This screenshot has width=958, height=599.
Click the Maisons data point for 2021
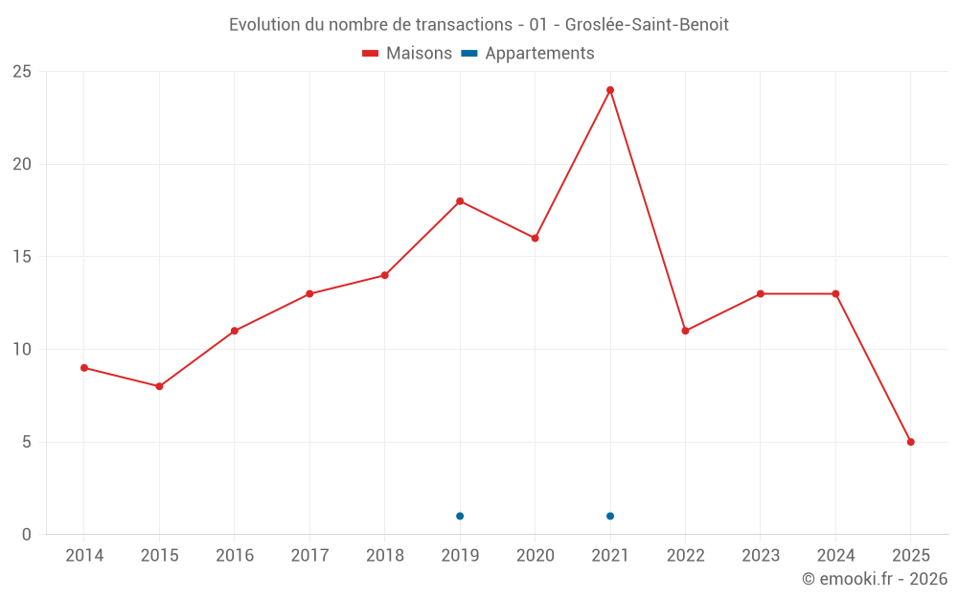click(x=610, y=90)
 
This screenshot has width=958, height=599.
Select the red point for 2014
click(x=84, y=368)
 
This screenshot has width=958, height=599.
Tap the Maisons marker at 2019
click(x=460, y=201)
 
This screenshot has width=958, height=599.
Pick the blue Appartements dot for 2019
click(x=460, y=517)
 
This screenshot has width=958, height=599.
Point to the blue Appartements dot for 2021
click(x=610, y=517)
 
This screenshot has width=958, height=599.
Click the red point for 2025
click(x=911, y=442)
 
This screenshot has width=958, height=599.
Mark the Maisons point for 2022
click(x=685, y=331)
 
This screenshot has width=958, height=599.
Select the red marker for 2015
click(x=159, y=386)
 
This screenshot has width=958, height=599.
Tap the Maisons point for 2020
click(x=535, y=239)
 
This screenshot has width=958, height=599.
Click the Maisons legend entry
click(x=408, y=54)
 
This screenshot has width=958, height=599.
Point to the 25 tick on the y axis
click(x=21, y=72)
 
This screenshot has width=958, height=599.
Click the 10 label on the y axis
click(x=21, y=350)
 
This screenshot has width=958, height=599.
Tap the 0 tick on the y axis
click(x=26, y=535)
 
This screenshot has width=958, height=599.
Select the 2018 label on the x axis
click(x=384, y=556)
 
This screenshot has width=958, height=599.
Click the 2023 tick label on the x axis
click(x=761, y=556)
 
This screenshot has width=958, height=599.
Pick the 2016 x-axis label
click(x=235, y=556)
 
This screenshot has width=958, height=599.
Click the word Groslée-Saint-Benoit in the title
click(x=647, y=25)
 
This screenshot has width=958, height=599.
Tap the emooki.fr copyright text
click(x=875, y=579)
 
